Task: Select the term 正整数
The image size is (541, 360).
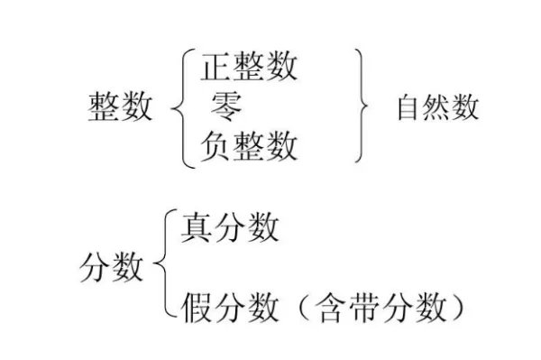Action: [249, 67]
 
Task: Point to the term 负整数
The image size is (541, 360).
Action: [249, 146]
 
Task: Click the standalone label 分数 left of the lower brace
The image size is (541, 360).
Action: [112, 268]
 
